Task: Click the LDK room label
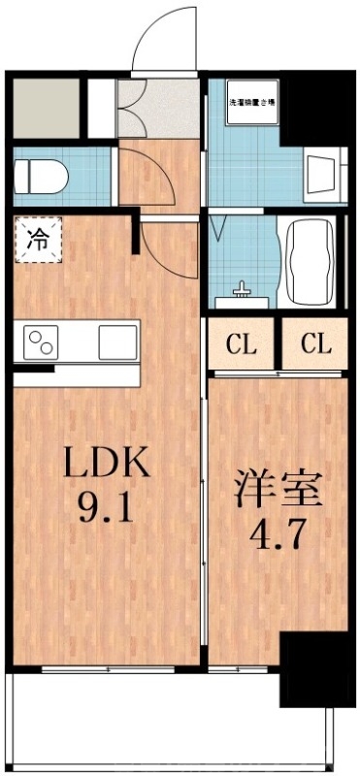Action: click(106, 464)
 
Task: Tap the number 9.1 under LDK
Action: click(107, 507)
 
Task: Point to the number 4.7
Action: click(278, 534)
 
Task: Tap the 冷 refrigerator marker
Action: click(36, 237)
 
